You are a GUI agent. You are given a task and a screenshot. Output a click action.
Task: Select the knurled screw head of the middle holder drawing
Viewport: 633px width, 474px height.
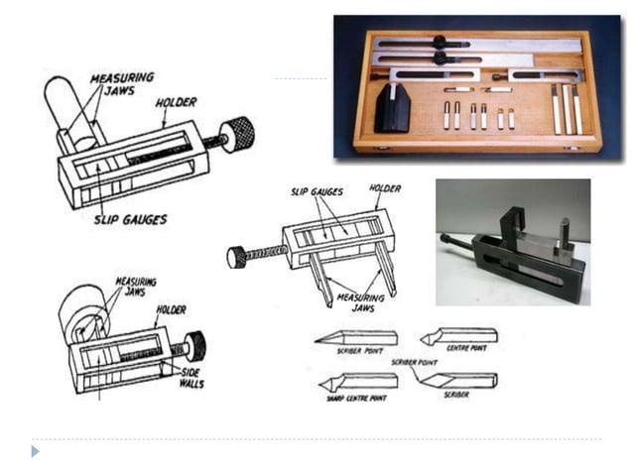pyautogui.click(x=237, y=257)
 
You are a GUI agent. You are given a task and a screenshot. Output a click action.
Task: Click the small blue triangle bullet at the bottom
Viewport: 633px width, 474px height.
pyautogui.click(x=36, y=451)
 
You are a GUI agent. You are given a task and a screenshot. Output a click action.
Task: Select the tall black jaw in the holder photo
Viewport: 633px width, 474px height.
pyautogui.click(x=516, y=223)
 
